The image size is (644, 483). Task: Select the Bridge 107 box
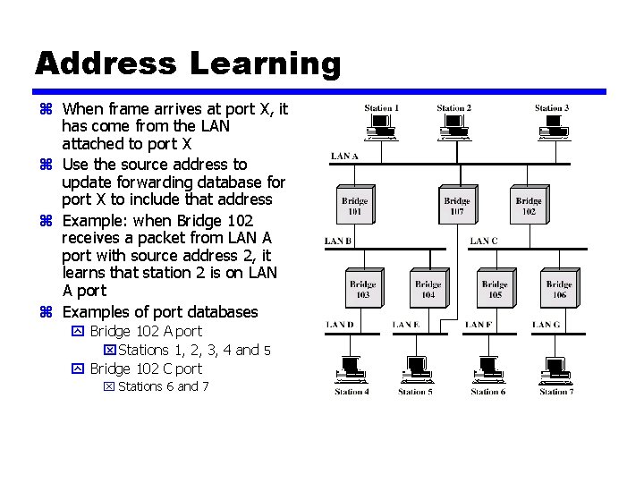pyautogui.click(x=456, y=207)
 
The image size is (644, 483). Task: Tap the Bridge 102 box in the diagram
pyautogui.click(x=529, y=207)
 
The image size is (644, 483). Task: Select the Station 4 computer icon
pyautogui.click(x=351, y=369)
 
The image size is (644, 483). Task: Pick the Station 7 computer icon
pyautogui.click(x=555, y=369)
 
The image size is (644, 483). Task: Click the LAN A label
pyautogui.click(x=344, y=157)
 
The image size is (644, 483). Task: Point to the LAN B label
pyautogui.click(x=338, y=241)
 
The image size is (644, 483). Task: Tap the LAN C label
pyautogui.click(x=484, y=241)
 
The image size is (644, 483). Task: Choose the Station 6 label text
pyautogui.click(x=487, y=392)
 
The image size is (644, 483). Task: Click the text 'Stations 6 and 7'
pyautogui.click(x=164, y=386)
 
